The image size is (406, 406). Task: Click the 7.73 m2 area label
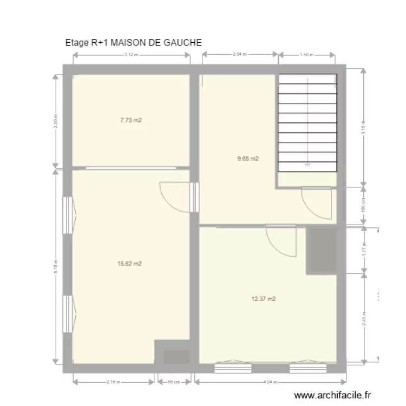(130, 120)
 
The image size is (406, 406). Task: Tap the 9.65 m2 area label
(248, 159)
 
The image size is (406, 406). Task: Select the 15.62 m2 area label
(129, 264)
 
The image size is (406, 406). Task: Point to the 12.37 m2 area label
(264, 298)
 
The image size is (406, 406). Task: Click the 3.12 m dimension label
(130, 55)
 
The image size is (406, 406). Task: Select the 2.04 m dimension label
(239, 55)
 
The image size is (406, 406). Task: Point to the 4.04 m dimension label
(269, 382)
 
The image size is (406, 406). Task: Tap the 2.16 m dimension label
(114, 382)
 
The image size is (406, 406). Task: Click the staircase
(307, 123)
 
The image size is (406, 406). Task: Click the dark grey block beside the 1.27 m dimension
(322, 251)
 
